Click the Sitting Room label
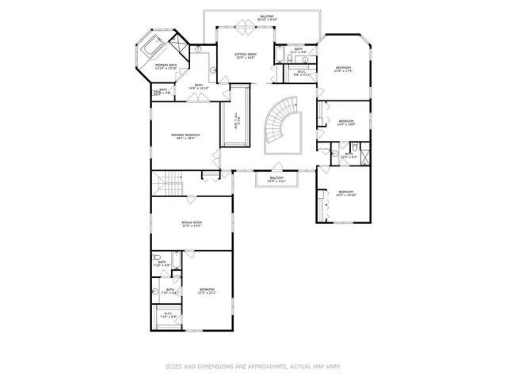[x=246, y=55]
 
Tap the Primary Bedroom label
[x=185, y=137]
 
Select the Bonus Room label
[x=193, y=224]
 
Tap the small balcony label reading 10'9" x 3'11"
[x=276, y=180]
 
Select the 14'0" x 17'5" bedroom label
[x=343, y=69]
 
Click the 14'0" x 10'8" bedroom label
[x=345, y=123]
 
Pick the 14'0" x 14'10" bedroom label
[x=347, y=193]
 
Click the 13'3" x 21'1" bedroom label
[x=207, y=291]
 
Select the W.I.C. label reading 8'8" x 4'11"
[x=303, y=74]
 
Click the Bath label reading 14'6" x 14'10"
[x=200, y=86]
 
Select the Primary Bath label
[x=166, y=67]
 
